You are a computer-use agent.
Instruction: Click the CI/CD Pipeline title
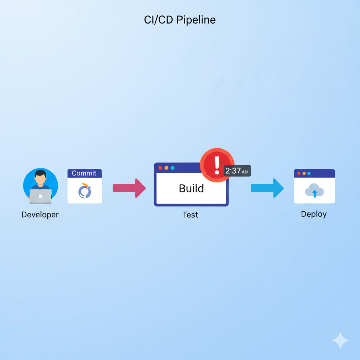pyautogui.click(x=180, y=20)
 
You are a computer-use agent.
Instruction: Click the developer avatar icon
pyautogui.click(x=40, y=186)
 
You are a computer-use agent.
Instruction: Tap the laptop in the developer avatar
pyautogui.click(x=40, y=196)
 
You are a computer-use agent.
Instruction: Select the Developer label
pyautogui.click(x=40, y=214)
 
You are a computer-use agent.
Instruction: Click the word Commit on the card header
pyautogui.click(x=84, y=173)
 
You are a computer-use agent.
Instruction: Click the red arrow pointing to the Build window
pyautogui.click(x=129, y=188)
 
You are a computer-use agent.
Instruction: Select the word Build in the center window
pyautogui.click(x=191, y=188)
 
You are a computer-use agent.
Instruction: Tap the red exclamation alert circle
pyautogui.click(x=217, y=165)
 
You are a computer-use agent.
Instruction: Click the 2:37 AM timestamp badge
pyautogui.click(x=237, y=171)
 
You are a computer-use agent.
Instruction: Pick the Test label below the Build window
pyautogui.click(x=190, y=214)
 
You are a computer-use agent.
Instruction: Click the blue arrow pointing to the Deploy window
pyautogui.click(x=267, y=188)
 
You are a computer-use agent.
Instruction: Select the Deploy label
pyautogui.click(x=314, y=214)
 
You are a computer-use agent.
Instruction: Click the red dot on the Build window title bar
pyautogui.click(x=160, y=168)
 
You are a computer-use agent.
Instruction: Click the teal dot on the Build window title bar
pyautogui.click(x=172, y=168)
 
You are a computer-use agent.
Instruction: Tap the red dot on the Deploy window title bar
pyautogui.click(x=299, y=173)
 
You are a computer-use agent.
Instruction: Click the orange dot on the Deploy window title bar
pyautogui.click(x=304, y=173)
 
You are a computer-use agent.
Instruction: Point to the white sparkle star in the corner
pyautogui.click(x=340, y=340)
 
